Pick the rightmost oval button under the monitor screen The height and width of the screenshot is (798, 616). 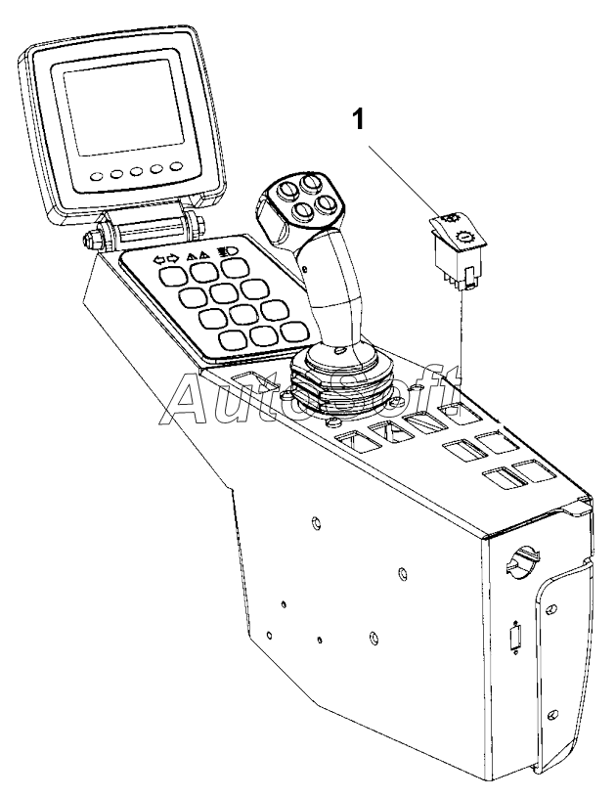pos(177,167)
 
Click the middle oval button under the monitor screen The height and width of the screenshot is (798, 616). pos(136,173)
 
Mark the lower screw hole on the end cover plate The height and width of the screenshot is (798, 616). pos(552,712)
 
